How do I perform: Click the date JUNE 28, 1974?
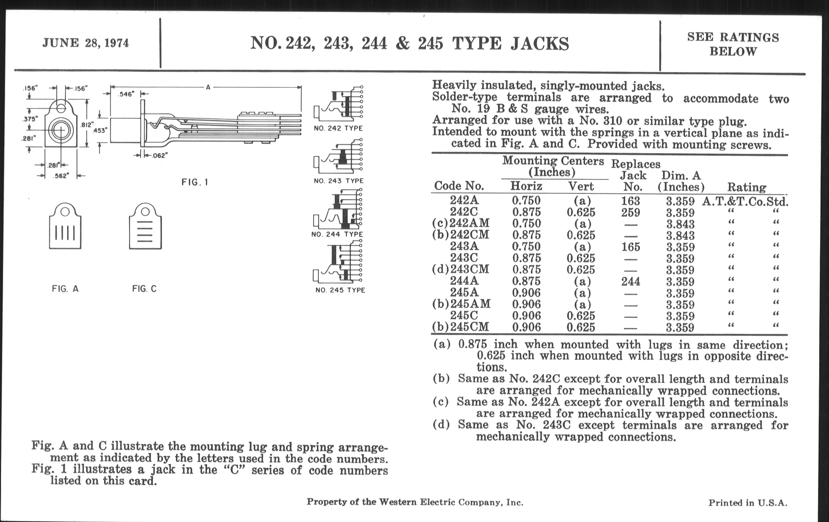[85, 43]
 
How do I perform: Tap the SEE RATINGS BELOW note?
[733, 44]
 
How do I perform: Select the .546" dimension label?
[126, 94]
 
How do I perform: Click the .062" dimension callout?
[160, 155]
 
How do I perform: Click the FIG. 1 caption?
[195, 182]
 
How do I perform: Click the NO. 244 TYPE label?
[337, 234]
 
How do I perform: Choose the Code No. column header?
[459, 186]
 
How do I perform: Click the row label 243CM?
[470, 269]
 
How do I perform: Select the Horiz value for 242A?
[526, 201]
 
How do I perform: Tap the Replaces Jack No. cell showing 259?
[631, 212]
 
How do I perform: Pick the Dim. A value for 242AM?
[680, 224]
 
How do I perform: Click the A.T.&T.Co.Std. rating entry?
[745, 201]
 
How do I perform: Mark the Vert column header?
[581, 186]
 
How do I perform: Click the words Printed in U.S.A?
[748, 503]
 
